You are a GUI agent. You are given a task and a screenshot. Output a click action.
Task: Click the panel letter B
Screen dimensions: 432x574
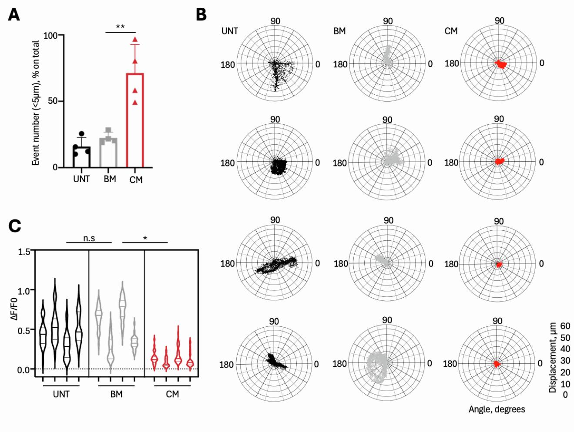pos(201,14)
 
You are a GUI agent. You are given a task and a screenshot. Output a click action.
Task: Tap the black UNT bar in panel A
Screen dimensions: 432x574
pos(81,157)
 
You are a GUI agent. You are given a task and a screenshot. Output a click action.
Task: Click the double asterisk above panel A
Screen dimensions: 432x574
pos(121,27)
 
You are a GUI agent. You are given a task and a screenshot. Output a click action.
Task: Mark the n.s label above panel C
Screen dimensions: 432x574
pos(89,238)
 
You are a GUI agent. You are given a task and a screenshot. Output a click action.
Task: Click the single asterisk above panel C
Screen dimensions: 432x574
pos(145,238)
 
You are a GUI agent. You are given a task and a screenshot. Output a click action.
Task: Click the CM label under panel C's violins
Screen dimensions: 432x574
pos(172,395)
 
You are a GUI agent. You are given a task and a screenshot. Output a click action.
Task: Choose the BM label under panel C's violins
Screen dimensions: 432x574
pos(116,395)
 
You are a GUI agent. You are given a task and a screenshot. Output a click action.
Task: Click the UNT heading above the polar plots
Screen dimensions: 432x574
pos(230,31)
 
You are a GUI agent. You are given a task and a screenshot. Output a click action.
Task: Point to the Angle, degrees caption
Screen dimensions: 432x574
pos(497,409)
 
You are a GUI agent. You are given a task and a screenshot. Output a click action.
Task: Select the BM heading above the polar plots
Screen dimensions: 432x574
pos(339,31)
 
